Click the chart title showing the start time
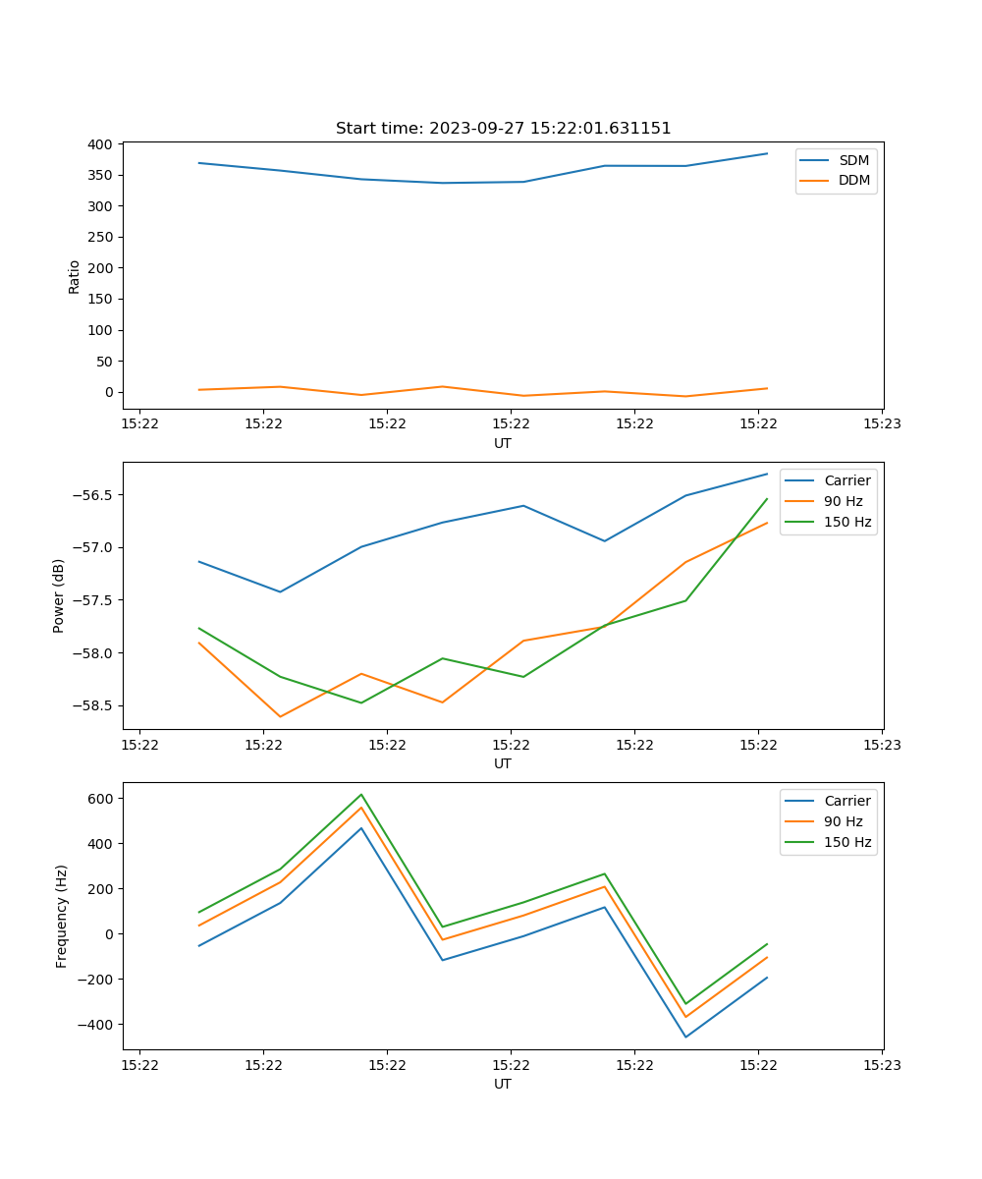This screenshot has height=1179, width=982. click(503, 129)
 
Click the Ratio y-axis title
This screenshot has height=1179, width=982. click(75, 276)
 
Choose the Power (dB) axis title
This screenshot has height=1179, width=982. click(59, 595)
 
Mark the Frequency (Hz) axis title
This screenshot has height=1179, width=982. click(62, 916)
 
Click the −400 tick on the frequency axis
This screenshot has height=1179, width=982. click(96, 1025)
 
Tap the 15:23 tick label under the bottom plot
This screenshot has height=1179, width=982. click(882, 1065)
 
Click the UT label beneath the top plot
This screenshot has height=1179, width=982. click(503, 443)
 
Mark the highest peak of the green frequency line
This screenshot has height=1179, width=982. click(361, 794)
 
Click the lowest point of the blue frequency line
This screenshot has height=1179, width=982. click(685, 1037)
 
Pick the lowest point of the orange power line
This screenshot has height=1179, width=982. click(281, 716)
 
